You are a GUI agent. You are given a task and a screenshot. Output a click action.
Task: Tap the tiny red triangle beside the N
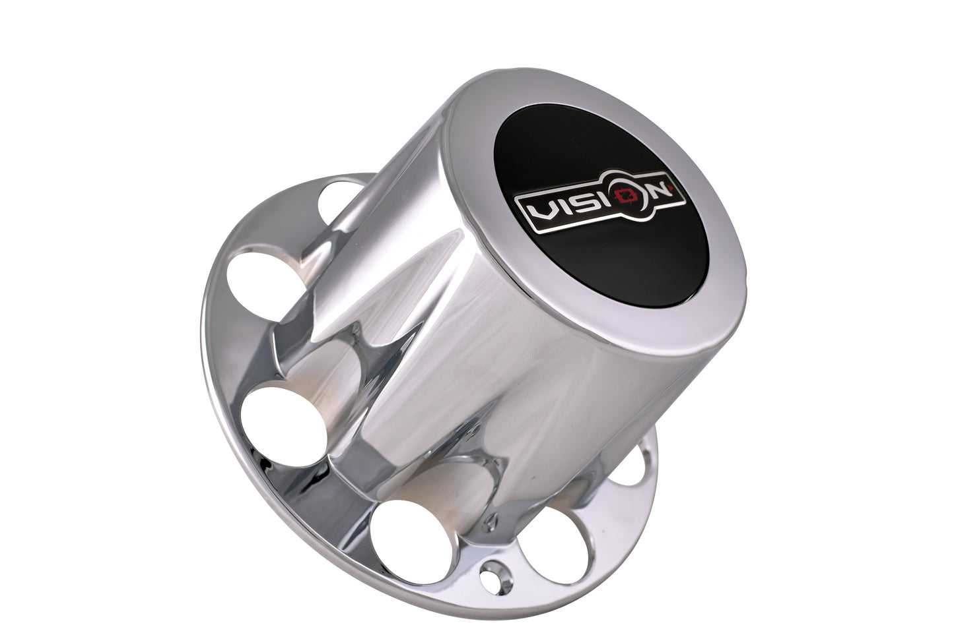671,186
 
